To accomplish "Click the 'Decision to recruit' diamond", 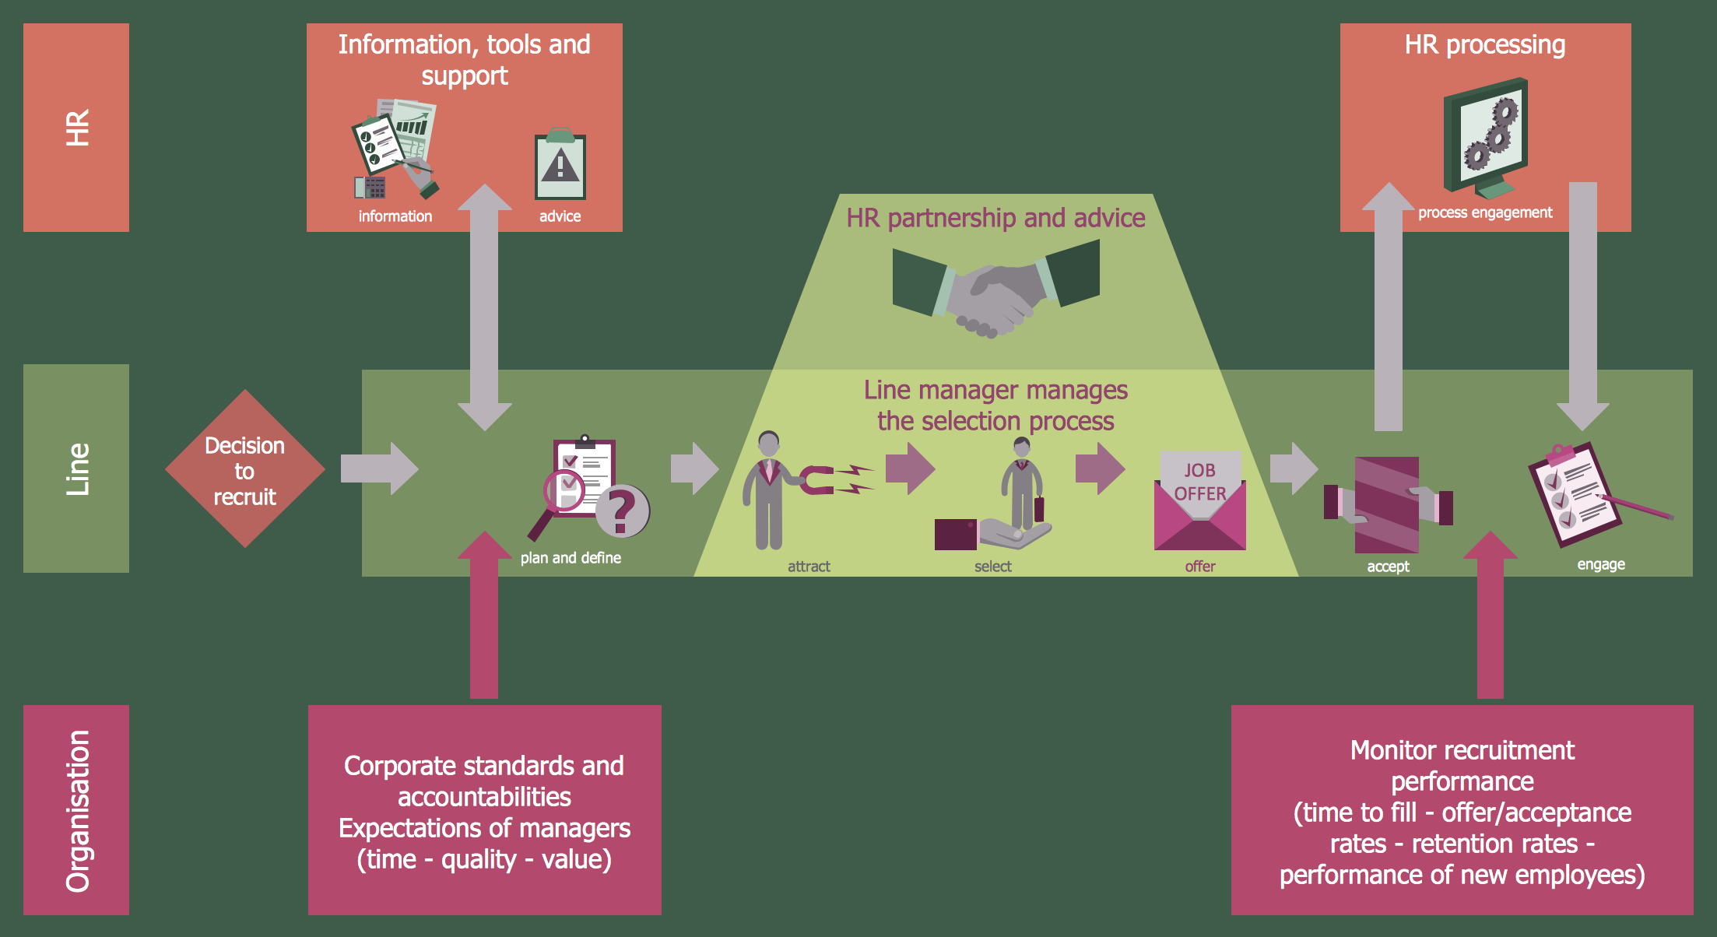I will pos(244,469).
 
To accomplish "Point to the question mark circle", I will pos(623,511).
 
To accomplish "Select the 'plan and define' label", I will pos(571,558).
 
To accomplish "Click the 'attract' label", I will pos(809,567).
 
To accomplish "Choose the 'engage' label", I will pos(1601,564).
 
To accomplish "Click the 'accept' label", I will pos(1388,567).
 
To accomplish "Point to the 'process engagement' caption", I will pos(1484,212).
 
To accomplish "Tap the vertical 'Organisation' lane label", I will pos(77,810).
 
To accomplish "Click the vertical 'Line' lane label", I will pos(77,468).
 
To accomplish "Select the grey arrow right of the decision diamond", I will pos(380,468).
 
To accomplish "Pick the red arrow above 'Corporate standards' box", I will pos(484,615).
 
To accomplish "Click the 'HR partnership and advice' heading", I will pos(995,218).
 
